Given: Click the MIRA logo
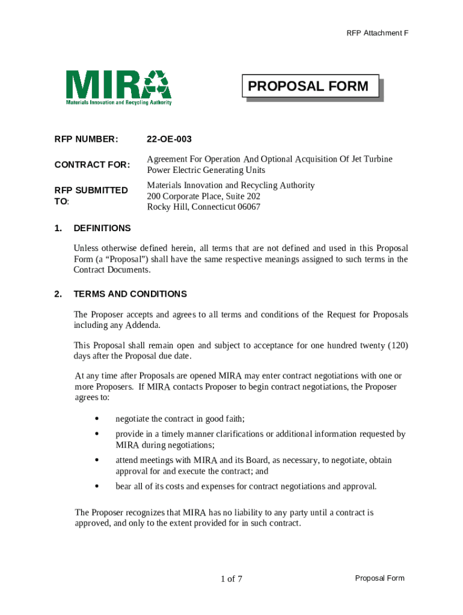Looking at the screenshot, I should (118, 87).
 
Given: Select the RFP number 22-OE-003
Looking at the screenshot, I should (169, 139).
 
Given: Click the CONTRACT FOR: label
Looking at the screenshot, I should (91, 165).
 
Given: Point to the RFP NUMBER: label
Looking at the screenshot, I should (86, 139).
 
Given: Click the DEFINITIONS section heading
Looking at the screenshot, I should (102, 228).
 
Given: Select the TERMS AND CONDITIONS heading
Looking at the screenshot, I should (130, 294).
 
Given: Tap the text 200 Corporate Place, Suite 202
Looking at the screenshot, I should (203, 196).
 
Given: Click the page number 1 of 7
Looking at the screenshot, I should (231, 579).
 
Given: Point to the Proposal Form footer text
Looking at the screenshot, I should (379, 578).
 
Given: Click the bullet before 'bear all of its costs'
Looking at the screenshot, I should (97, 486).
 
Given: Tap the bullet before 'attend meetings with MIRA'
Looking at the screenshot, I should (97, 460).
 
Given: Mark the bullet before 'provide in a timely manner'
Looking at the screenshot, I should (97, 434).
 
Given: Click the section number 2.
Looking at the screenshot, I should (58, 294).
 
